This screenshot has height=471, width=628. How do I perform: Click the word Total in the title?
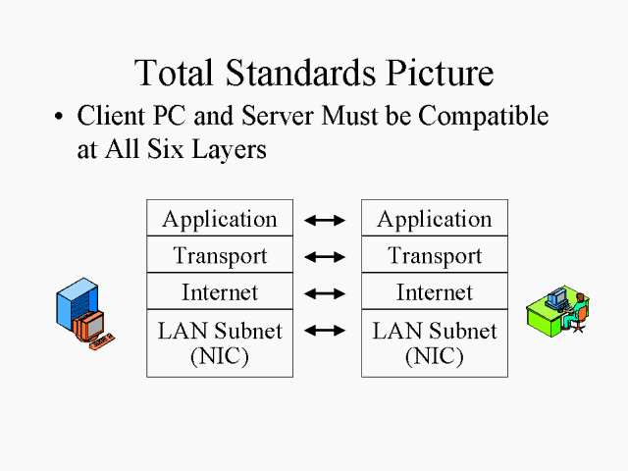point(174,73)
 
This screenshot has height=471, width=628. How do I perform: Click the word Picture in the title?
point(433,73)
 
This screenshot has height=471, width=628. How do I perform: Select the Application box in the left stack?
point(220,219)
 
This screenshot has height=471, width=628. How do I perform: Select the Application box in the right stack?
point(435,219)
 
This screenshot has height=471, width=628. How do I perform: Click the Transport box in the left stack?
point(220,256)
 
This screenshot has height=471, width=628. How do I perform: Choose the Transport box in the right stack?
point(435,256)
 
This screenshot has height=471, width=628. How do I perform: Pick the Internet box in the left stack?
point(220,292)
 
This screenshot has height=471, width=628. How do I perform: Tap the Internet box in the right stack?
point(435,292)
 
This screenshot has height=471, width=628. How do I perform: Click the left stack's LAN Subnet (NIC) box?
point(220,342)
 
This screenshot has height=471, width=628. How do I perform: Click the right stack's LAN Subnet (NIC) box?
point(435,342)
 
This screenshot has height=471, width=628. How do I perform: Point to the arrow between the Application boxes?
point(326,221)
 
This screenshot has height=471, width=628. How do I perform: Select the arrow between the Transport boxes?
point(326,257)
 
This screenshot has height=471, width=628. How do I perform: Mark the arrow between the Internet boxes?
point(326,293)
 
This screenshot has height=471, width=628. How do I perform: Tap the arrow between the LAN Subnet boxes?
point(326,331)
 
